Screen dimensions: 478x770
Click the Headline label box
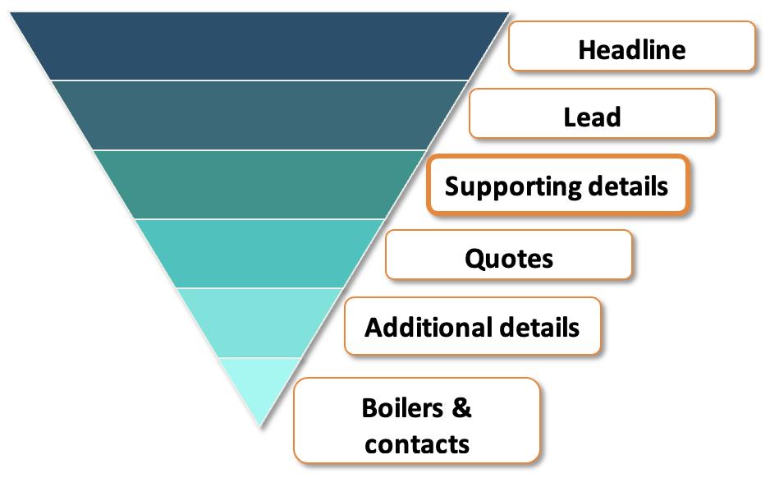click(x=631, y=47)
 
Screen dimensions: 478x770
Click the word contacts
click(x=417, y=444)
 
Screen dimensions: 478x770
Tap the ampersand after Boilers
click(x=462, y=407)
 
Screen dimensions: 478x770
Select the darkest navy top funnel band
click(x=259, y=46)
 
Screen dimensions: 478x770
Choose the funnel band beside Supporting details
click(x=259, y=185)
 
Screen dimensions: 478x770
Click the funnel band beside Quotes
click(x=259, y=254)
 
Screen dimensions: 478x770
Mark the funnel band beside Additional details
click(x=259, y=323)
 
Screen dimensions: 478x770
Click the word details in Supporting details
click(x=628, y=186)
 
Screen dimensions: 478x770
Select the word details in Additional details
click(x=539, y=327)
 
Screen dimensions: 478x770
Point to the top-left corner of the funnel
click(x=11, y=12)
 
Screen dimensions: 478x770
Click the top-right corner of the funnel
click(x=508, y=12)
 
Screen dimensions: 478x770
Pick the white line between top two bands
click(x=259, y=80)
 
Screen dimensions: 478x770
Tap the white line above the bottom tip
click(x=259, y=358)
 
